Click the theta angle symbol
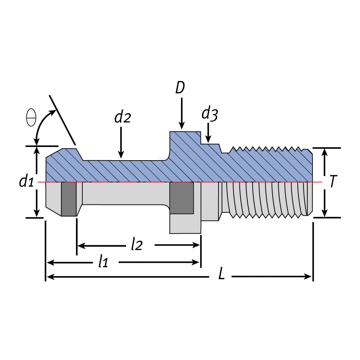[31, 118]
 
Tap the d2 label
[122, 118]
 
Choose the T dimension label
[333, 182]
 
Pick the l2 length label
[137, 245]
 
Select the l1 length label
[103, 262]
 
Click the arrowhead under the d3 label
[208, 139]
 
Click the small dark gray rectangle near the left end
[69, 199]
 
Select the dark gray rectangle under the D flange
[181, 198]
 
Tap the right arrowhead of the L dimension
[308, 276]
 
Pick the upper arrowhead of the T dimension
[325, 152]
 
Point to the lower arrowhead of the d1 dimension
[36, 213]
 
